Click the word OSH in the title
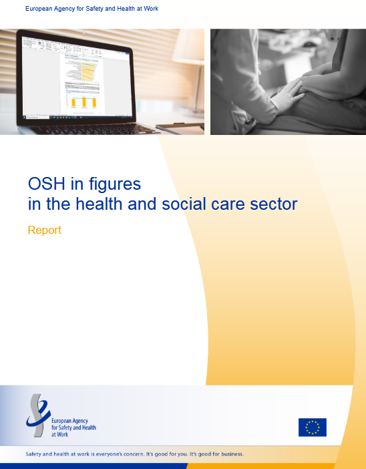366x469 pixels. click(x=46, y=183)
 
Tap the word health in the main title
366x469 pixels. click(x=99, y=204)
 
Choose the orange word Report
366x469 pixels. click(x=45, y=230)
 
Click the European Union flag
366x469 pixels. click(x=313, y=427)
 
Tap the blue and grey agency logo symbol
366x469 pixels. click(x=38, y=415)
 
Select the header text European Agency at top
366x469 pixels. click(x=50, y=9)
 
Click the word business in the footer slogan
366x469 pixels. click(x=232, y=454)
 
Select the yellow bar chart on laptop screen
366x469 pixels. click(x=84, y=102)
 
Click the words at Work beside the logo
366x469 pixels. click(x=60, y=434)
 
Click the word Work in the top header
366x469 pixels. click(x=151, y=9)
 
